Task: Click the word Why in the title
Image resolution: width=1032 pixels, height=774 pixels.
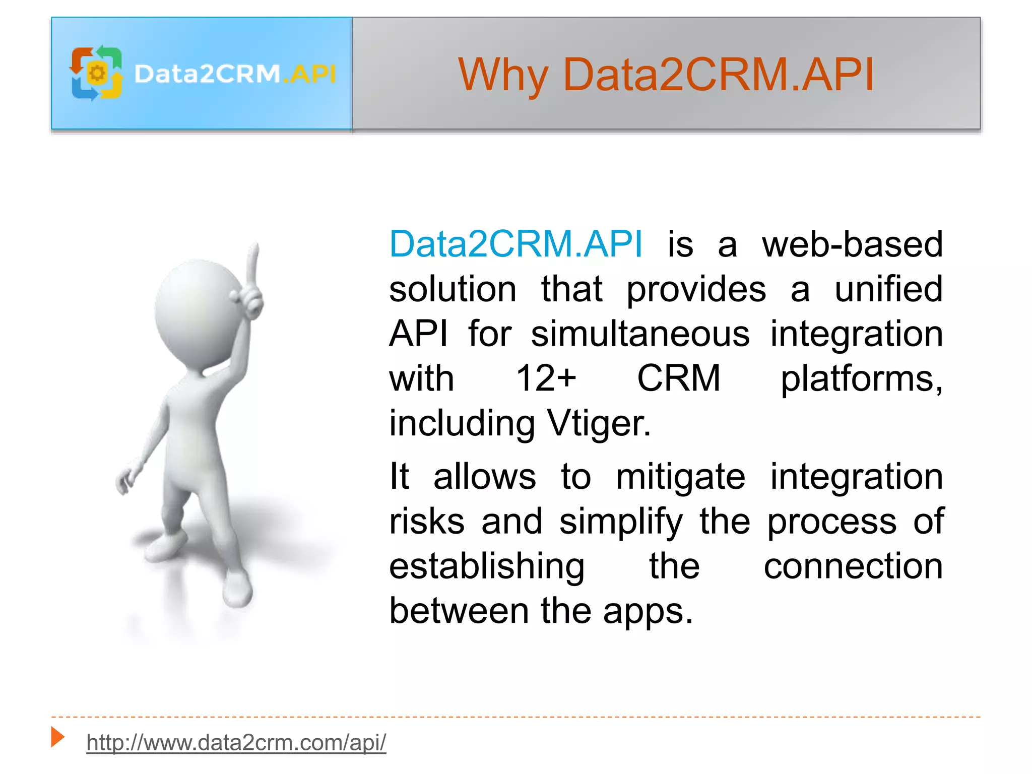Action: click(502, 76)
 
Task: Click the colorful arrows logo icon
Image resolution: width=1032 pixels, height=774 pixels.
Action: click(96, 74)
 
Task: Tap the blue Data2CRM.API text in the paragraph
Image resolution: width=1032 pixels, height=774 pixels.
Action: click(515, 244)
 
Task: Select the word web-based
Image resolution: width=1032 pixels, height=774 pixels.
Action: click(852, 244)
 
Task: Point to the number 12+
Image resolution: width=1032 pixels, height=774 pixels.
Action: click(546, 378)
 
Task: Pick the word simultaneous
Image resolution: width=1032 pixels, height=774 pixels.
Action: click(640, 334)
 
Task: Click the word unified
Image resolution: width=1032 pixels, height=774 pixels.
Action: click(888, 289)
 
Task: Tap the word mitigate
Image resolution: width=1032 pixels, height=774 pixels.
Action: click(680, 477)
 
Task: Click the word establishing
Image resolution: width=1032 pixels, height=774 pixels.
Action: click(487, 566)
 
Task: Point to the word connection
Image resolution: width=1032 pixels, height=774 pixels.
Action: click(853, 566)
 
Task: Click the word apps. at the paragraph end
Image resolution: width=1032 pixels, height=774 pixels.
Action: click(648, 611)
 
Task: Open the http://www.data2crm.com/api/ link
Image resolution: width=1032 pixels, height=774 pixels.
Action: click(236, 743)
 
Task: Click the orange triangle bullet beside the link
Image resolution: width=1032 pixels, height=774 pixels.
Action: click(58, 737)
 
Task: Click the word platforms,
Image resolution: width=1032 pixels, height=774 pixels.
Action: click(861, 378)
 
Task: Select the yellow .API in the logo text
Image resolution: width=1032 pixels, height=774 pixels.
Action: click(309, 74)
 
